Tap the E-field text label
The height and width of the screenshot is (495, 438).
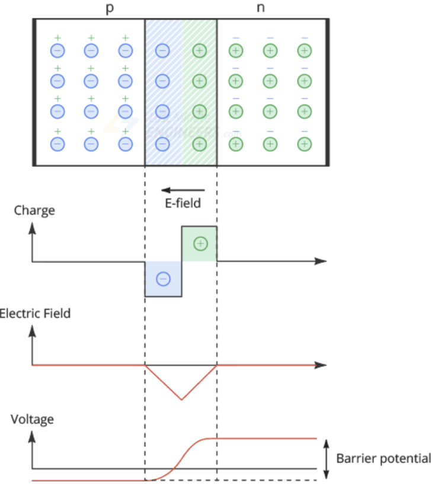click(183, 203)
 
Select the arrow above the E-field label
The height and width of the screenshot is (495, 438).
click(183, 190)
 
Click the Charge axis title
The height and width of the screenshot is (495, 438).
click(34, 210)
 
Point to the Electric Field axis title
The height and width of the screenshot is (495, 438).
click(36, 312)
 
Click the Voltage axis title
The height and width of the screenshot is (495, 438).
click(32, 419)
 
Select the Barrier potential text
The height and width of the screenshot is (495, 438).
click(383, 458)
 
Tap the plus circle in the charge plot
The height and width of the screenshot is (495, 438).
click(200, 243)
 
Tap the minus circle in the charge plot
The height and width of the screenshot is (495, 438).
click(164, 279)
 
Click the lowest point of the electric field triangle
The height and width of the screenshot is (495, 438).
click(181, 400)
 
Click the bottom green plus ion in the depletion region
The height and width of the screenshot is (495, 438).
click(200, 143)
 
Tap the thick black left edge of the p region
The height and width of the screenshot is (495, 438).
click(34, 92)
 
